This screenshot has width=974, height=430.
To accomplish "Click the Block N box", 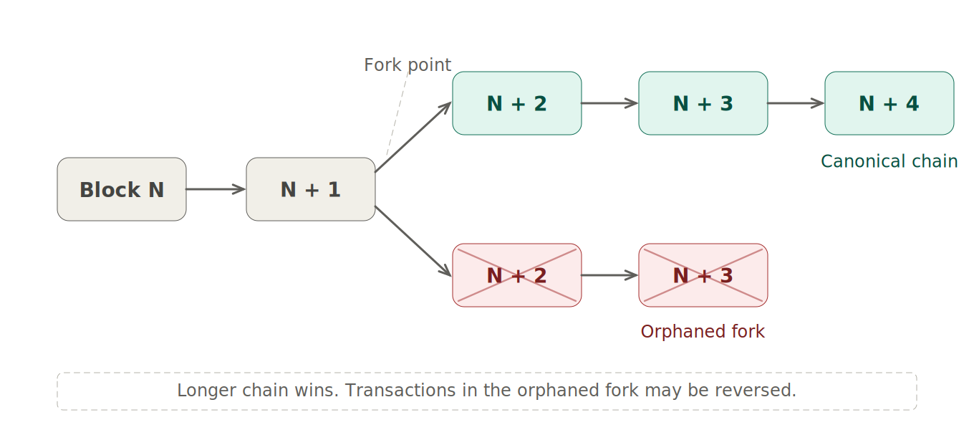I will click(x=122, y=189).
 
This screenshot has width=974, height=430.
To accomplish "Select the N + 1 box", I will click(x=311, y=189).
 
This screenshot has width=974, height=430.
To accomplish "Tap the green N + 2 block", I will click(x=516, y=103).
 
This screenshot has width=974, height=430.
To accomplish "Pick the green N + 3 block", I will click(x=703, y=103).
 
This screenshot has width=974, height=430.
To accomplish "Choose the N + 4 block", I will click(x=889, y=103).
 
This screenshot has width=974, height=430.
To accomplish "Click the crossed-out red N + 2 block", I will click(x=516, y=275).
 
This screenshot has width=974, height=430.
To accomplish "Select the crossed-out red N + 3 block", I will click(x=703, y=275).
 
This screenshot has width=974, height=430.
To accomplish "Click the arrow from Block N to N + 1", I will click(x=216, y=189).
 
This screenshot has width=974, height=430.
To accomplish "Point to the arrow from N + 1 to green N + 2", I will click(x=413, y=138).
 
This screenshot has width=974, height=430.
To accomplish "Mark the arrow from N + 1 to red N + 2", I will click(x=413, y=241).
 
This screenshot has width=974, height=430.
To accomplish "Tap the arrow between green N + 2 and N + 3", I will click(x=609, y=103).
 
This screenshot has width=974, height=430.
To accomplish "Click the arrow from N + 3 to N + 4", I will click(x=796, y=103).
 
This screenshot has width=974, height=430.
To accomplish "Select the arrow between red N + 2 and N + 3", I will click(x=609, y=275).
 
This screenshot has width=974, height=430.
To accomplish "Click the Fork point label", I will click(x=407, y=65).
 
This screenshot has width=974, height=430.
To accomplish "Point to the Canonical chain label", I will click(x=889, y=162).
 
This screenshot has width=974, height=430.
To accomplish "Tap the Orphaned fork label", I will click(x=702, y=332).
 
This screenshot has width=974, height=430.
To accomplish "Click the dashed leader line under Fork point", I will click(x=397, y=115).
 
